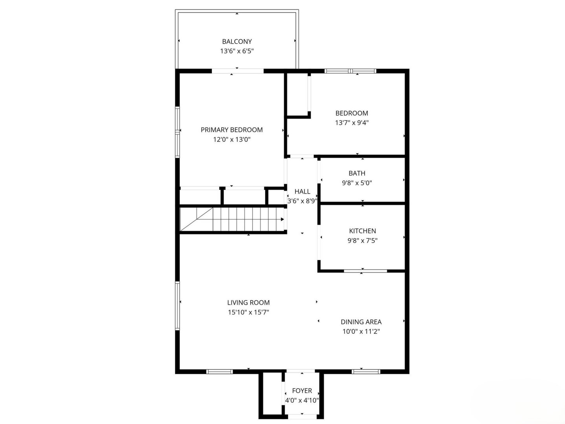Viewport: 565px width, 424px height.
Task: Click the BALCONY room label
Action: click(237, 41)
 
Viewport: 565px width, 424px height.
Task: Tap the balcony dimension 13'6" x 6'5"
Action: click(237, 51)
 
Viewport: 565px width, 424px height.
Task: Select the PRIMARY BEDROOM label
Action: click(231, 130)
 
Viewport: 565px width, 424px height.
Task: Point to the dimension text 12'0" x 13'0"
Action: click(231, 139)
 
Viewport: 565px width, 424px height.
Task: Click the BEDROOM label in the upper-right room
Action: click(352, 113)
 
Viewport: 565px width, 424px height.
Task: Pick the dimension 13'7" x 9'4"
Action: click(352, 122)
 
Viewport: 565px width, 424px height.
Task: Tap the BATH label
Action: click(357, 173)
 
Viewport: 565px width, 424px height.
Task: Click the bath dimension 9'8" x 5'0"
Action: click(357, 183)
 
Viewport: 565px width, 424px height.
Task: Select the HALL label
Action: click(302, 192)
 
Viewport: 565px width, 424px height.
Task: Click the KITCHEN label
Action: click(362, 231)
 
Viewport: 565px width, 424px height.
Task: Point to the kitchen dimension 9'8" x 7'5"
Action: click(362, 241)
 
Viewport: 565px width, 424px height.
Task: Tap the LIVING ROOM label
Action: click(248, 303)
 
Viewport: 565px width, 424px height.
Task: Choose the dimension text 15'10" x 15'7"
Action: click(248, 313)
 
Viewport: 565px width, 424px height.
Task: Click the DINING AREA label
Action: click(361, 322)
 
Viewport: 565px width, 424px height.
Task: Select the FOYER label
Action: click(302, 391)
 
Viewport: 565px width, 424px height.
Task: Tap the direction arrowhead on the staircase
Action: click(282, 219)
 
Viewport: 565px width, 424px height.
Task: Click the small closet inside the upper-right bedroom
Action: click(298, 94)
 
